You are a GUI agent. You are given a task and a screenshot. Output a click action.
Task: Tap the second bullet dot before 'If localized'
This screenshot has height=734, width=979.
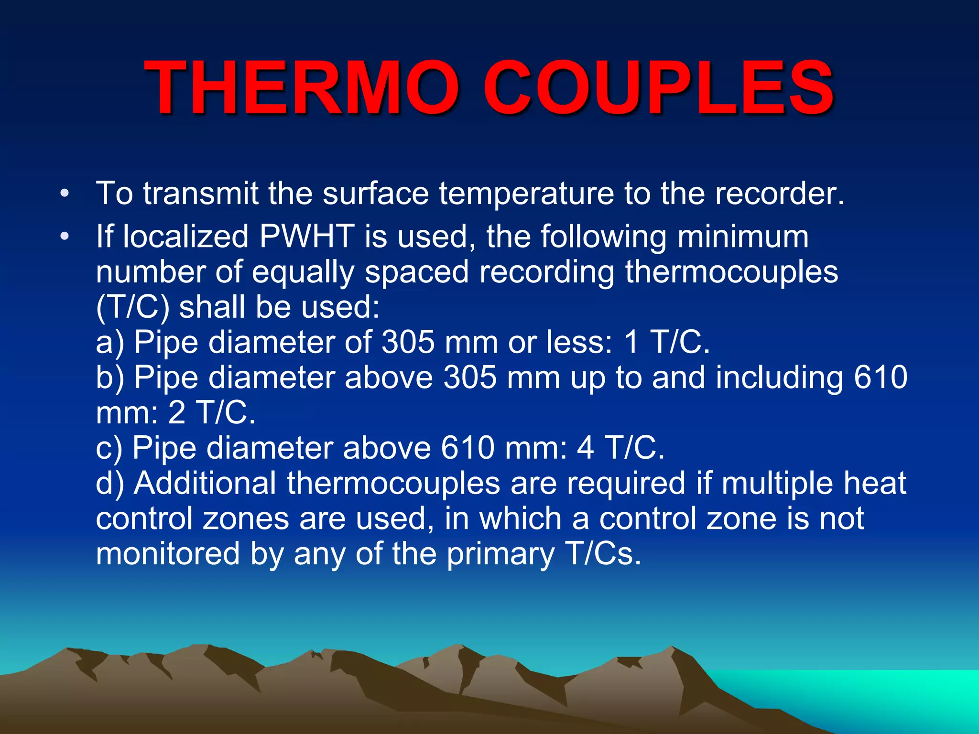[x=65, y=236]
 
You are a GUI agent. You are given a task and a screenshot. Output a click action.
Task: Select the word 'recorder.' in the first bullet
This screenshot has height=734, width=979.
[x=780, y=194]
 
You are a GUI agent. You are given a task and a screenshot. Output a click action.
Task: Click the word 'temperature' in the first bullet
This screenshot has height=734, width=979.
[x=526, y=194]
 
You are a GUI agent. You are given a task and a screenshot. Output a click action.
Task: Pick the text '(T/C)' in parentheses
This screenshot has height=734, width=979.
[x=132, y=307]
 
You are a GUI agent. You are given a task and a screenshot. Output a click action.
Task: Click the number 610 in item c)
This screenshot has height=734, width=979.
[x=468, y=448]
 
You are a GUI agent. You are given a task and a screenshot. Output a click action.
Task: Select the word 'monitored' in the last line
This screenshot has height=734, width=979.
[x=168, y=553]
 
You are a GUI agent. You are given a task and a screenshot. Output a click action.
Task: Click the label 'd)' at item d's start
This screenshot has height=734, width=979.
[x=110, y=483]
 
